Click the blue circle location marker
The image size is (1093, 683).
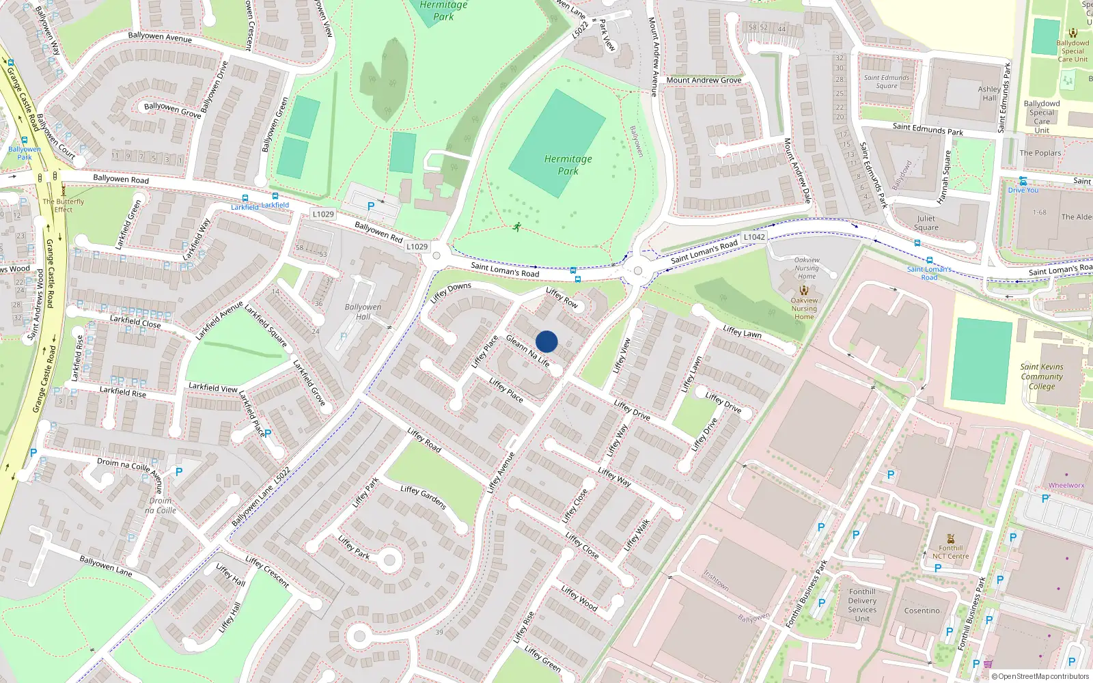click(546, 341)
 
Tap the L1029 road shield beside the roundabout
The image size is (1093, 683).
click(417, 247)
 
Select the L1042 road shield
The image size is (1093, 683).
click(754, 237)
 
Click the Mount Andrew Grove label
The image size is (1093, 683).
click(704, 80)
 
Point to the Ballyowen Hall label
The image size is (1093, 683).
click(363, 311)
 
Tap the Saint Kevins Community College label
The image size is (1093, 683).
click(1042, 376)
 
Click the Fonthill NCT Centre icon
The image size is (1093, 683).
click(950, 538)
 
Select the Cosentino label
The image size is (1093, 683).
click(922, 611)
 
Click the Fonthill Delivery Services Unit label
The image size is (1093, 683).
click(862, 605)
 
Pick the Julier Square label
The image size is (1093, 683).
click(926, 223)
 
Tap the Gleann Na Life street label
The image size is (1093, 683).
click(528, 350)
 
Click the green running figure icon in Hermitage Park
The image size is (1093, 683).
click(517, 227)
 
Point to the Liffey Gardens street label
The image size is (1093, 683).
click(424, 497)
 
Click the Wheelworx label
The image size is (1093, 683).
click(1066, 486)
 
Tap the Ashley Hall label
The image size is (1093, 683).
click(989, 94)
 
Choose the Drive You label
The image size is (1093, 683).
click(1023, 190)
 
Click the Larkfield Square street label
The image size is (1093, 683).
click(266, 326)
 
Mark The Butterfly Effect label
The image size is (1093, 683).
click(64, 206)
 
